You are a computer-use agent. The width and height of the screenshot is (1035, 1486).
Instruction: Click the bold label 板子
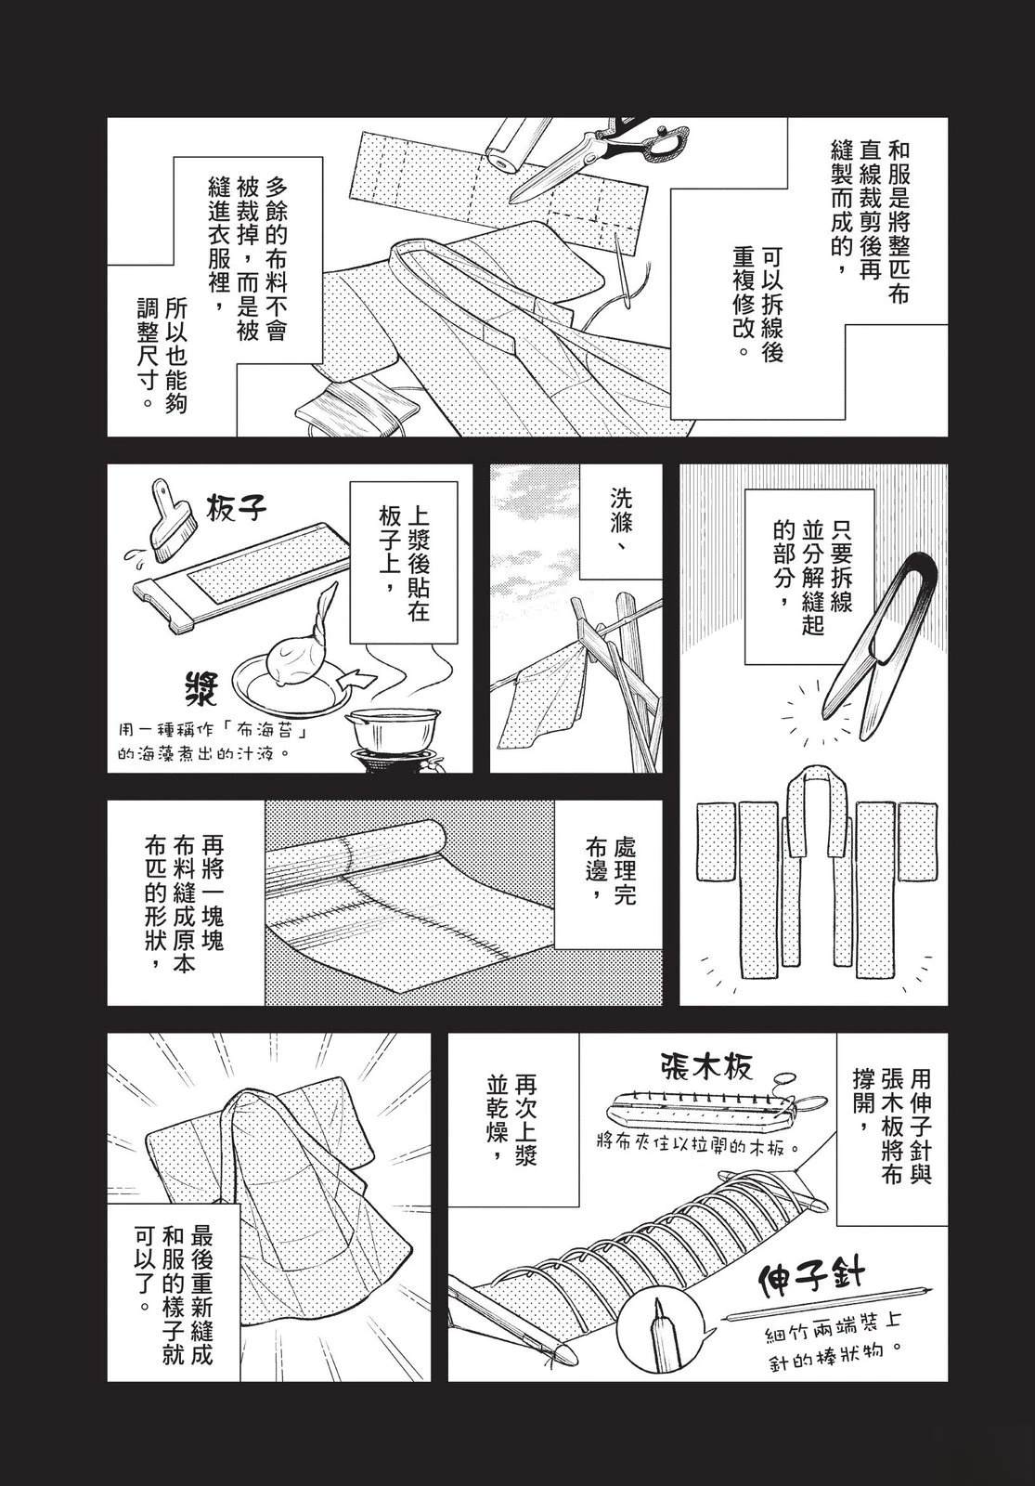point(235,509)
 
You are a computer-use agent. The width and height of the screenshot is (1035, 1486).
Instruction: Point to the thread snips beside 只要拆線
point(877,636)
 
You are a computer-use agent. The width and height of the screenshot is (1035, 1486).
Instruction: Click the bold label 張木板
point(706,1067)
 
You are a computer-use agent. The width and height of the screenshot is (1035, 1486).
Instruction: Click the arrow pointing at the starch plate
point(356,680)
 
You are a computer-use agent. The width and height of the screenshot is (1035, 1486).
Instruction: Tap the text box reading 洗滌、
point(621,518)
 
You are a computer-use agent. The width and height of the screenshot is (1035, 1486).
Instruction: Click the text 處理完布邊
point(609,874)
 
